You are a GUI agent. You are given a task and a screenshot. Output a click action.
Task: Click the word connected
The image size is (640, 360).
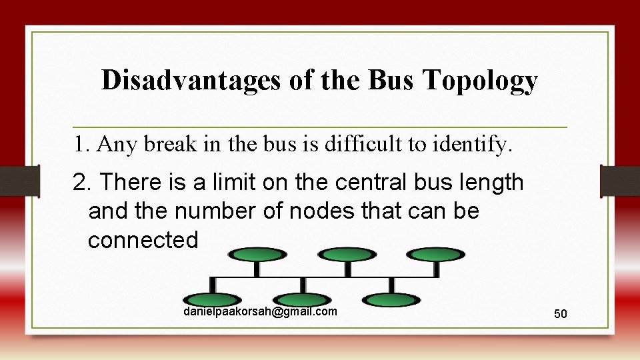pos(143,240)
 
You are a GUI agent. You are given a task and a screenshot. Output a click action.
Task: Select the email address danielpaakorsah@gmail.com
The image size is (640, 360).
pos(260,312)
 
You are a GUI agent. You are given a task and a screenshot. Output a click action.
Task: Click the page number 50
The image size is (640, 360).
pos(561,313)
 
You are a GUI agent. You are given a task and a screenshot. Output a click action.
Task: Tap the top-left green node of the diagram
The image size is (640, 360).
pos(257,254)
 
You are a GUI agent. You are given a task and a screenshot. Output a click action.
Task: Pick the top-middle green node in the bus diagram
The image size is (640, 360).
pos(347,254)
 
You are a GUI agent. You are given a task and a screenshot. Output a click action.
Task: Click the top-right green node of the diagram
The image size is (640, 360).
pos(437,254)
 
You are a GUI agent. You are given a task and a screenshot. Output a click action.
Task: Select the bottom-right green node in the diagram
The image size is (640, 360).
pos(392,300)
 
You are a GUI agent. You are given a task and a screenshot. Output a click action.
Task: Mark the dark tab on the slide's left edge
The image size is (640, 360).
pos(19,181)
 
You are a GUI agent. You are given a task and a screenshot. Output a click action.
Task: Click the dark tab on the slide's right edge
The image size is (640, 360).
pos(620,181)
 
